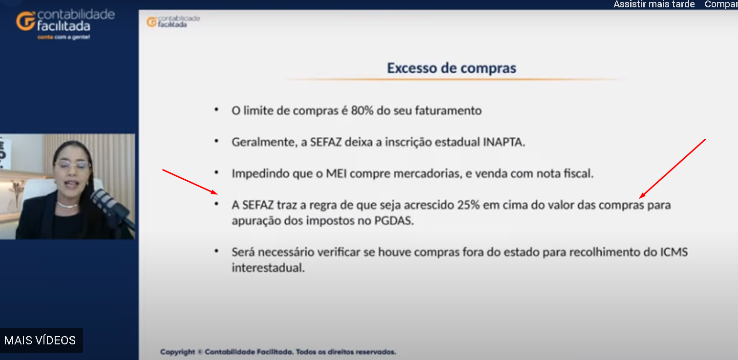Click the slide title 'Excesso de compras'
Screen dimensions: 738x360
pyautogui.click(x=451, y=68)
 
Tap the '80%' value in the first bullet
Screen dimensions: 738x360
pyautogui.click(x=362, y=111)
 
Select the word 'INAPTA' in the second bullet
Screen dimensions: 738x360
pyautogui.click(x=504, y=142)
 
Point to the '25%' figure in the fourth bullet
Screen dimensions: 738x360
pyautogui.click(x=468, y=205)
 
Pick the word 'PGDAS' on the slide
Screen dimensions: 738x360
pyautogui.click(x=393, y=220)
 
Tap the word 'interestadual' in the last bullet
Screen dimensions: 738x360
pyautogui.click(x=268, y=268)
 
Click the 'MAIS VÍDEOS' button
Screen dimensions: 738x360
pyautogui.click(x=40, y=340)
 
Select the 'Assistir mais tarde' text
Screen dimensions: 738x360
pyautogui.click(x=654, y=4)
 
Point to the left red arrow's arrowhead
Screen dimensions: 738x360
pyautogui.click(x=214, y=192)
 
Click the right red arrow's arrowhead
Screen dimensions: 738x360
pyautogui.click(x=642, y=196)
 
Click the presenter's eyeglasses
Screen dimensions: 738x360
pyautogui.click(x=72, y=165)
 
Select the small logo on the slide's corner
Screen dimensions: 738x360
pyautogui.click(x=173, y=22)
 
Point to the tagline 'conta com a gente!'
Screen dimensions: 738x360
pyautogui.click(x=63, y=37)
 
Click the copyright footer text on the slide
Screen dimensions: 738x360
pyautogui.click(x=278, y=352)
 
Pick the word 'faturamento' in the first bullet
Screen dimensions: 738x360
pyautogui.click(x=448, y=111)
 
